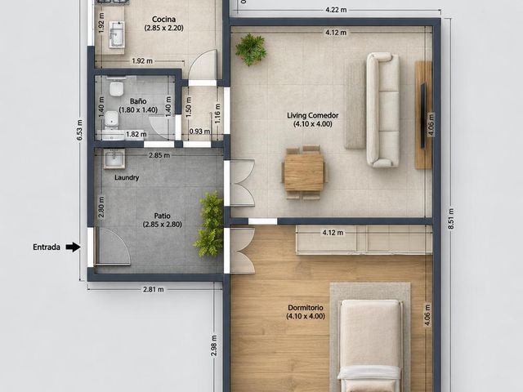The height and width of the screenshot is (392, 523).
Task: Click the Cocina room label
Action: pos(163,20)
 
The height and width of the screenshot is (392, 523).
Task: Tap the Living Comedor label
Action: pos(312,116)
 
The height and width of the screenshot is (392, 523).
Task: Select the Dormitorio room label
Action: pos(306,308)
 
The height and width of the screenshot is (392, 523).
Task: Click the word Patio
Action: pos(163,216)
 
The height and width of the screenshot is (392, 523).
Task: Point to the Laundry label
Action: pos(127,178)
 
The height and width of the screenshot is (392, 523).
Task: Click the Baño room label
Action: pos(138,101)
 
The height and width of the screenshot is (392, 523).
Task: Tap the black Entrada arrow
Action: pos(73,247)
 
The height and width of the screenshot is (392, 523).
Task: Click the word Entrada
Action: pos(47,247)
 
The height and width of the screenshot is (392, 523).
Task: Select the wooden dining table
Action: pos(304,172)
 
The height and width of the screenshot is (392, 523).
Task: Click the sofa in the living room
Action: pos(383,109)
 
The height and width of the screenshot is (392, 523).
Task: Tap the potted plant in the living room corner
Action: pos(251,49)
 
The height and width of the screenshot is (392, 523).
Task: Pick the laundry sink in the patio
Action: pos(114,158)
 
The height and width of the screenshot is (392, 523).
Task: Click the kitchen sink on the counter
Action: pos(117,33)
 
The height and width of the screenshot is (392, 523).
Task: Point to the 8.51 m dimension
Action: pos(451,219)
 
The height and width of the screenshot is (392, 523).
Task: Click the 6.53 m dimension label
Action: pos(80,130)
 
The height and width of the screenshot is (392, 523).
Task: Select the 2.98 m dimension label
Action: pos(214,345)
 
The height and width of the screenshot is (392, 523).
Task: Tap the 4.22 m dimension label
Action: pos(336,10)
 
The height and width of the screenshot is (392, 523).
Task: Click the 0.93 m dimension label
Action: pos(199,131)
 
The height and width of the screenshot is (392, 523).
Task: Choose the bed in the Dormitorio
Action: pos(369,345)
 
